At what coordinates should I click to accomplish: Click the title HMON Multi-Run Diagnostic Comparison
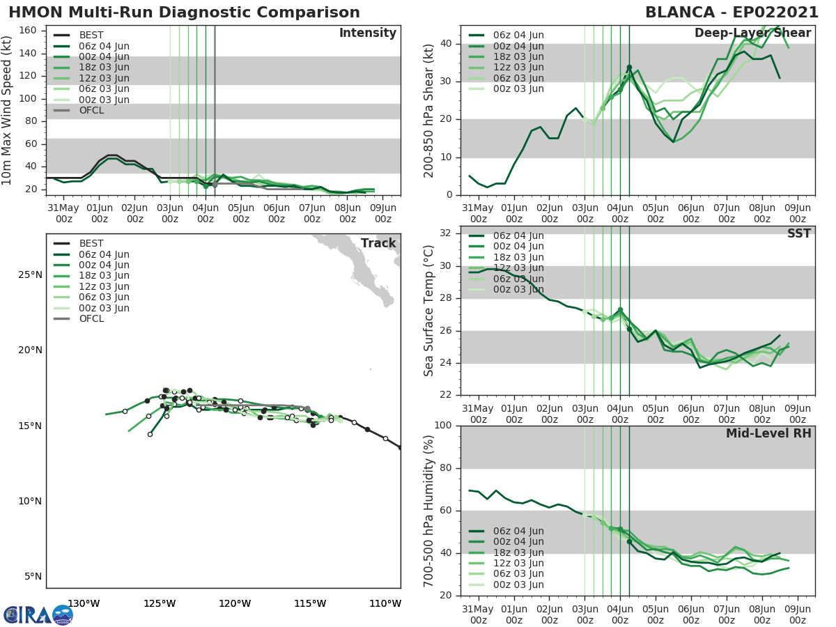(x=184, y=13)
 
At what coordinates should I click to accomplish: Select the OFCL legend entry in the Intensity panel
(x=90, y=110)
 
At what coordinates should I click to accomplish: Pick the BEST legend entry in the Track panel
(x=91, y=243)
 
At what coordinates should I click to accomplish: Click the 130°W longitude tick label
(x=84, y=603)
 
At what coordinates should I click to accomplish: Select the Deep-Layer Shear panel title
(x=752, y=33)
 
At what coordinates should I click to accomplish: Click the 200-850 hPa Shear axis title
(x=429, y=111)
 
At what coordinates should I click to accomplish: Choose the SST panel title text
(x=799, y=233)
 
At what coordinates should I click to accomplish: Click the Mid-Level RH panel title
(x=768, y=433)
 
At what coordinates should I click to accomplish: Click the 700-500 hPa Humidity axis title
(x=429, y=510)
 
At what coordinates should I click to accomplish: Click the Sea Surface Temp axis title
(x=429, y=311)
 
